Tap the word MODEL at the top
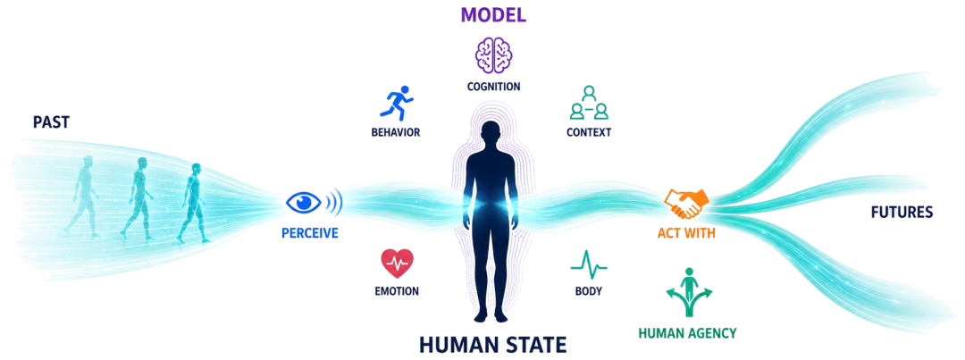[494, 15]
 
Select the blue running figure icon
[396, 103]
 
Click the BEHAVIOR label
[395, 132]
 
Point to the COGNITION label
[493, 87]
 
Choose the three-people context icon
[589, 102]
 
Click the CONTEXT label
[589, 132]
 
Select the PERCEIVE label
[309, 234]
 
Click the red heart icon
[398, 264]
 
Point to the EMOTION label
[397, 291]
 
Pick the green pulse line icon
[589, 264]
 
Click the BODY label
[589, 291]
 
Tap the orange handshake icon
[686, 204]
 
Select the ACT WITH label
[686, 234]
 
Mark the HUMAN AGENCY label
[687, 333]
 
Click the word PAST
[51, 121]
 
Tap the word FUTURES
[902, 213]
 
